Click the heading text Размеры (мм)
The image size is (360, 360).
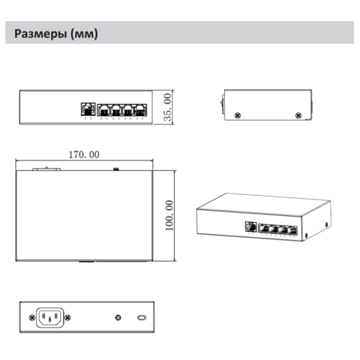tap(56, 34)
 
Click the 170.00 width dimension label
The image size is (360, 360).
tap(84, 154)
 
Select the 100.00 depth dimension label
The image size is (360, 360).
tap(169, 215)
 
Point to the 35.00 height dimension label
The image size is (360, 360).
tap(167, 107)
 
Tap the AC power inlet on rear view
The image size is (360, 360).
tap(50, 317)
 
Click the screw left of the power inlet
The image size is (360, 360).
tap(32, 318)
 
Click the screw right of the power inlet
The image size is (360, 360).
tap(67, 318)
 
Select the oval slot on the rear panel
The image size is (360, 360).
tap(142, 318)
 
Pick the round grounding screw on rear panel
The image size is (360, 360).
tap(118, 318)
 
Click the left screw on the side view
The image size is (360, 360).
tap(238, 115)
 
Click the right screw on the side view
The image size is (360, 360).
tap(298, 115)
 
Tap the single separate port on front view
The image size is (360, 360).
tap(88, 109)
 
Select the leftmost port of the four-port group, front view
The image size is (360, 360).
tap(103, 110)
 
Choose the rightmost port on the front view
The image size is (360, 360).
tap(141, 110)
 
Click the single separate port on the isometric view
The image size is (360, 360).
tap(251, 226)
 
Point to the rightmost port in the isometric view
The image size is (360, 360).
tap(292, 230)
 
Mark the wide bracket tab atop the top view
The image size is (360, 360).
tap(46, 169)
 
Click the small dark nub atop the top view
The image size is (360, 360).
tap(115, 169)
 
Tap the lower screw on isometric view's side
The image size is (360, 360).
tap(307, 235)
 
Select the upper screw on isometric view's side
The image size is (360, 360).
tap(326, 224)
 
